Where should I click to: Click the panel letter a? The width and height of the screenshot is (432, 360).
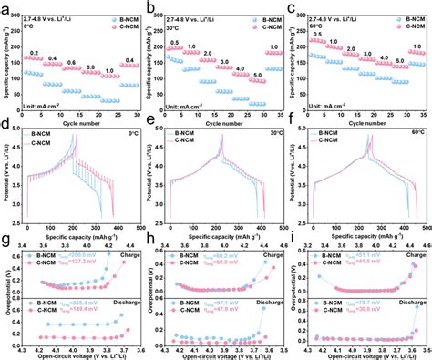click(5, 6)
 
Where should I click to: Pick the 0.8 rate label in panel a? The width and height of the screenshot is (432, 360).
click(89, 66)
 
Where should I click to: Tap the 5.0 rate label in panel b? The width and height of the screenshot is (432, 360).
click(257, 76)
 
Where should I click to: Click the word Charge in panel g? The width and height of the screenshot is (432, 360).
click(123, 267)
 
